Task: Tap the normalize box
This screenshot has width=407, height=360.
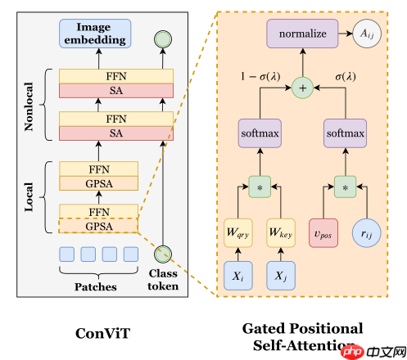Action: (x=302, y=34)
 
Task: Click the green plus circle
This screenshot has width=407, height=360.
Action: (x=302, y=85)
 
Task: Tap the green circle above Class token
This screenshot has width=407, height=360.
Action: (x=163, y=254)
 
